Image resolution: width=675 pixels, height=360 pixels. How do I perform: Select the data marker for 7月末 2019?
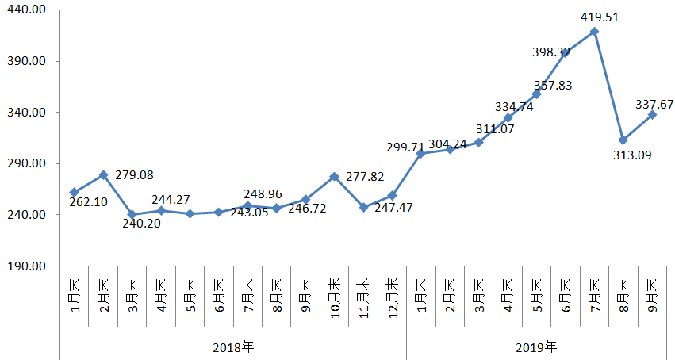[x=594, y=32]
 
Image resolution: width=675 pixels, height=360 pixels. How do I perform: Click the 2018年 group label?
[x=233, y=347]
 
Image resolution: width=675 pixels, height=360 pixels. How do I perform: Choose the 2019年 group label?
[x=536, y=347]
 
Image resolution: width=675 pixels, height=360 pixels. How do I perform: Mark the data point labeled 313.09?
[x=623, y=140]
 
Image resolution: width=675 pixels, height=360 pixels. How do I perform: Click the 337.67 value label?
[x=654, y=104]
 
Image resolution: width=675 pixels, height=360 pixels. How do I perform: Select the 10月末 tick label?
[x=334, y=297]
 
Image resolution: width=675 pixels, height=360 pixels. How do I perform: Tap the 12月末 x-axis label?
[x=392, y=297]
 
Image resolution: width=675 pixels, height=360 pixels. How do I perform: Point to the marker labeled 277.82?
[x=334, y=176]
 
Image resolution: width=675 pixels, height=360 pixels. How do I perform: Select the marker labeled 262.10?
[x=74, y=192]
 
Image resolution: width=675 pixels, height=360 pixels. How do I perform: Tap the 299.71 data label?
[x=407, y=147]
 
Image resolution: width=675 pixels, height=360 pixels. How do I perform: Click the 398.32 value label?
[x=551, y=52]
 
